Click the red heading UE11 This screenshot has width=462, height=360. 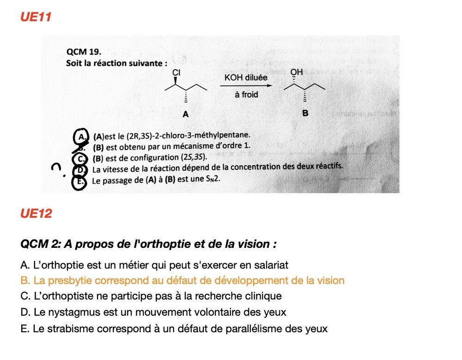click(36, 17)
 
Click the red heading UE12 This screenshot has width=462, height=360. click(36, 213)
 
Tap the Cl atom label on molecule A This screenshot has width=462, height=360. click(176, 72)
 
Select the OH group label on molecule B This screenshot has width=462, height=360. click(297, 72)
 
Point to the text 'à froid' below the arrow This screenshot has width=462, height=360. click(246, 95)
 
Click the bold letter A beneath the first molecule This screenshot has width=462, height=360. click(185, 114)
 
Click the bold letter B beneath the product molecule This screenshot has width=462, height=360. click(305, 112)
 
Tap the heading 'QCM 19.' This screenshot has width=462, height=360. click(84, 52)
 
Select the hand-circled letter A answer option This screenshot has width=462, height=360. click(82, 136)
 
